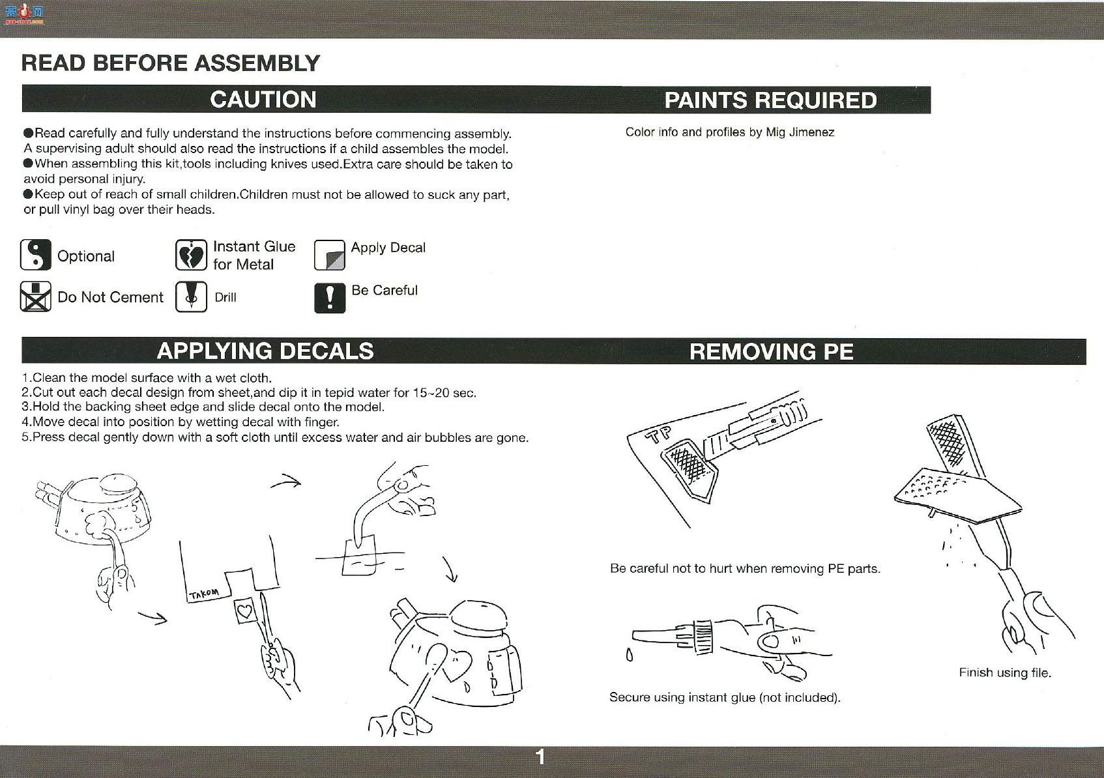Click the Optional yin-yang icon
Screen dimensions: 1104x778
35,255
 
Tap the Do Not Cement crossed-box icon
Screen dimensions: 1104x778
35,296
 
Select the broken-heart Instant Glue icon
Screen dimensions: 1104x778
191,255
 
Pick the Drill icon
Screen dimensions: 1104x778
191,296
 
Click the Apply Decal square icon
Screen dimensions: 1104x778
330,255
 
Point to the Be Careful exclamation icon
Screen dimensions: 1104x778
330,298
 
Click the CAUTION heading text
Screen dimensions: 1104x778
263,100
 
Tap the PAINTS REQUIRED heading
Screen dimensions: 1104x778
771,100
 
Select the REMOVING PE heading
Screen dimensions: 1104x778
772,352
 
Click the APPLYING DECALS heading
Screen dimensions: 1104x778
265,351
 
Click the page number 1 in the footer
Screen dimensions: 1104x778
541,757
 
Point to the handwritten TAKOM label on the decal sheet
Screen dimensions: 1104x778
204,594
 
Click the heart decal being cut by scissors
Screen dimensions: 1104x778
245,611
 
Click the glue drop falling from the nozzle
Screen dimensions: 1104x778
630,655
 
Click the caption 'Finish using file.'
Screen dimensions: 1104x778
1005,673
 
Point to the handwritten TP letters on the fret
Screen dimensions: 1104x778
658,435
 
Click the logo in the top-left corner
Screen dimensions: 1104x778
24,15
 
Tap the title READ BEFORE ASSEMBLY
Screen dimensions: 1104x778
171,64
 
